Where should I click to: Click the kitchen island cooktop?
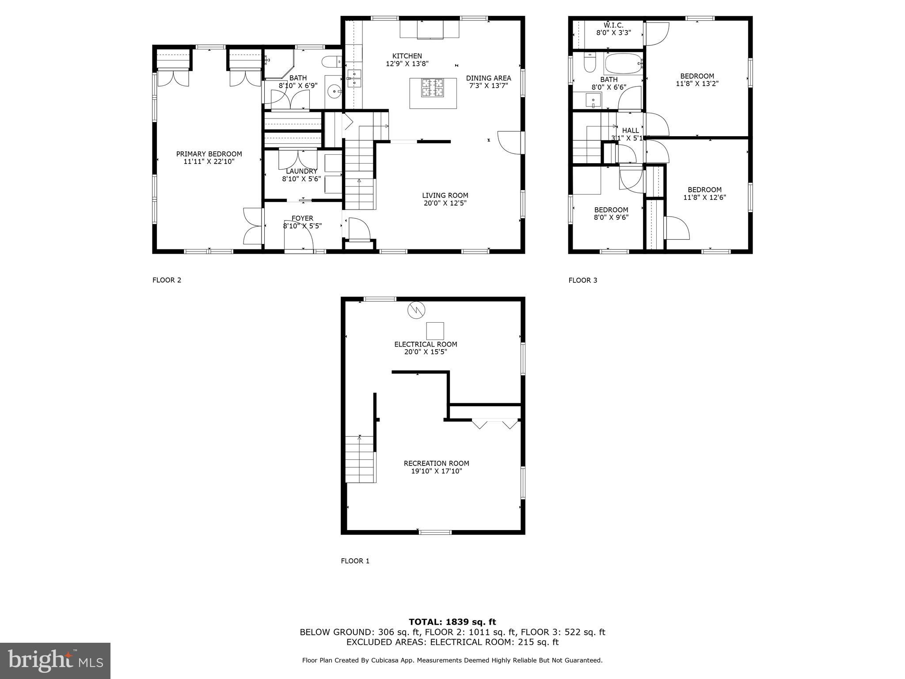[432, 87]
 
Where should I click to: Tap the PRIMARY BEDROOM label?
[209, 154]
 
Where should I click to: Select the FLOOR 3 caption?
[582, 280]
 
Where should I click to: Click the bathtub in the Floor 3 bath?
[623, 64]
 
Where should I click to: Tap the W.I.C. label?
[613, 26]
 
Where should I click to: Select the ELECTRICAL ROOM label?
[426, 344]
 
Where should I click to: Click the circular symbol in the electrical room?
[416, 310]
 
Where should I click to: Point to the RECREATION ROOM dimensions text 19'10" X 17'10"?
[437, 471]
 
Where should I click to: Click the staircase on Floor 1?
[360, 460]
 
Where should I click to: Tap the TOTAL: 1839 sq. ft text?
[452, 622]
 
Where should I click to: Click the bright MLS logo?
[55, 660]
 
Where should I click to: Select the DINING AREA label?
[488, 78]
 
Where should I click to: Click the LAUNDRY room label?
[301, 172]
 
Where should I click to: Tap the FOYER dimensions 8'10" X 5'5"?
[302, 226]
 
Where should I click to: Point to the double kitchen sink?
[354, 78]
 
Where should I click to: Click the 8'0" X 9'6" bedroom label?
[611, 217]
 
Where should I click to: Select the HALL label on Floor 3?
[630, 130]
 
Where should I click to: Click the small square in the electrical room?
[435, 331]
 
